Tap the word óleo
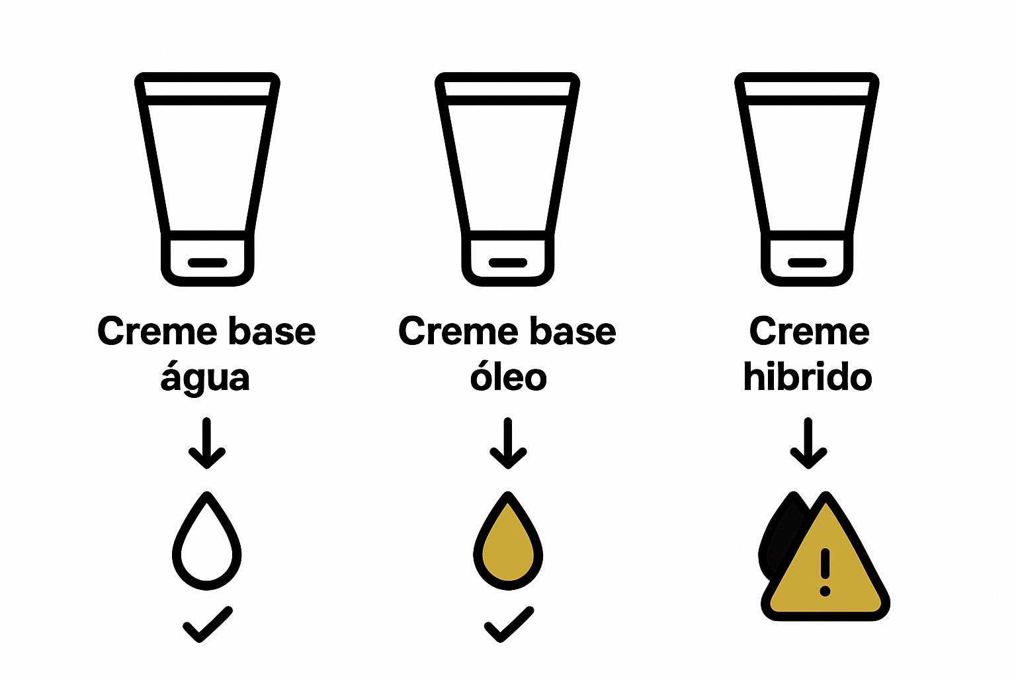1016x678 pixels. tap(508, 377)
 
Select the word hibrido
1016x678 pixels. tap(808, 377)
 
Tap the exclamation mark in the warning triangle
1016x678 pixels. tap(825, 571)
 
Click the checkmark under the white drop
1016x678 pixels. tap(208, 624)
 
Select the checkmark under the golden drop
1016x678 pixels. tap(509, 624)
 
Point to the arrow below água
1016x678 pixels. tap(208, 443)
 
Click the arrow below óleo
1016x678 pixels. tap(508, 443)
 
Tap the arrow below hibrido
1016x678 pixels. tap(808, 443)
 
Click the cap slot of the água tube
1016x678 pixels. tap(208, 263)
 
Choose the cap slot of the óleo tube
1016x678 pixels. tap(508, 263)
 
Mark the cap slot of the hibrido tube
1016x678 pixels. tap(808, 263)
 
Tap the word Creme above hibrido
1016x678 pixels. tap(809, 331)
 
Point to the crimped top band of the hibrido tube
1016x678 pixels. tap(807, 89)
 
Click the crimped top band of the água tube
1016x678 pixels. tap(208, 89)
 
